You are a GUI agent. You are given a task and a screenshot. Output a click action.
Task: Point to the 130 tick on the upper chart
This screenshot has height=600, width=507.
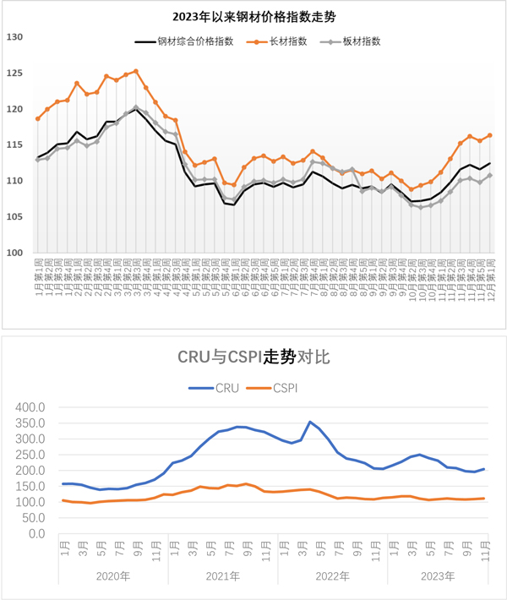[x=13, y=37]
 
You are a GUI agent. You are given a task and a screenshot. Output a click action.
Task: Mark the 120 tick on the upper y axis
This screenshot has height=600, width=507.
[x=13, y=109]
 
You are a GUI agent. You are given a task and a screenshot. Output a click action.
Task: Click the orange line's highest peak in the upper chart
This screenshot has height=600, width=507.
[x=136, y=71]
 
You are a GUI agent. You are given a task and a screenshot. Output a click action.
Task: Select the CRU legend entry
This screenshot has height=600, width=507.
[x=218, y=389]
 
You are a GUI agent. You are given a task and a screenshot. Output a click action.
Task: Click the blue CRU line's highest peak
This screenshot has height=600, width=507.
[x=311, y=422]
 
